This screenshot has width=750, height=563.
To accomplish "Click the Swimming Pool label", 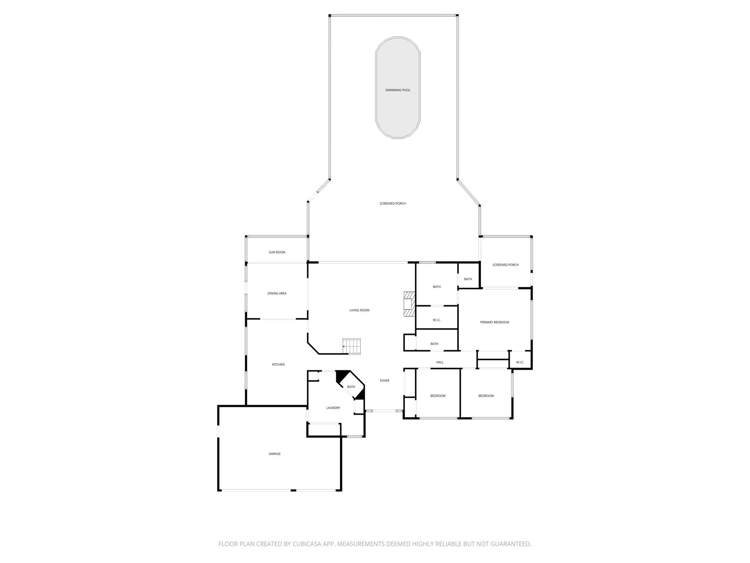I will coord(397,90).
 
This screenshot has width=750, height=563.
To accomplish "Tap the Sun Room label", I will coord(277,252).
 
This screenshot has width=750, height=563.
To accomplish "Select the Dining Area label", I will coord(277,293).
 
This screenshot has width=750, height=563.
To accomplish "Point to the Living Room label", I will coord(359,310).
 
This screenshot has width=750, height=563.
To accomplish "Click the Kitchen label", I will coord(278,364).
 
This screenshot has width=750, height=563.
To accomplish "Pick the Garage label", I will coord(275,454).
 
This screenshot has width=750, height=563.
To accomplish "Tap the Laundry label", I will coord(333,408).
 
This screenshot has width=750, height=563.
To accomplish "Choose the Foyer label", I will coord(385,381).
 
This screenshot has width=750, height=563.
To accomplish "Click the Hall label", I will coord(440,362).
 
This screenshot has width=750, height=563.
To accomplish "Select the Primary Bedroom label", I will coord(494,322).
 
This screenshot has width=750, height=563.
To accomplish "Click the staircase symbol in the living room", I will coord(352,346).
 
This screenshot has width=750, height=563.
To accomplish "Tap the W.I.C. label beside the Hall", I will coord(520,362).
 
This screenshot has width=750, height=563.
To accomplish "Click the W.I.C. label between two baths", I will coord(437,320).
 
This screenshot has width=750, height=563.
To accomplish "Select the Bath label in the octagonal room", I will coord(351,387).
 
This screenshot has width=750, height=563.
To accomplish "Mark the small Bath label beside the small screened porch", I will coord(468,279).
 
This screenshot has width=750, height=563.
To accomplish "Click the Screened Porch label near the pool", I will coord(393,203).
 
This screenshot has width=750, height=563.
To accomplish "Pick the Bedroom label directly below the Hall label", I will coord(438,396).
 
